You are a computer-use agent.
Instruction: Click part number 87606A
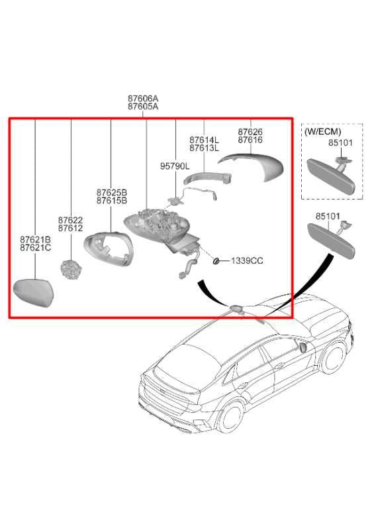coord(143,98)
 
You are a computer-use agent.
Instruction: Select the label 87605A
coord(143,107)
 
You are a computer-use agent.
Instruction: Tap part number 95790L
coord(175,166)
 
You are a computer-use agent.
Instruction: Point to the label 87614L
coord(203,140)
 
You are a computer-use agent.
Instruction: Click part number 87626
coord(250,132)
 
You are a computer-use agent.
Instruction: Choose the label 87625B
coord(111,192)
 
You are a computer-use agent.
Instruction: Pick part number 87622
coord(70,219)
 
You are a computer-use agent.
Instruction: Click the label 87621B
coord(35,239)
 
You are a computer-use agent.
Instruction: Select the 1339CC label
coord(247,261)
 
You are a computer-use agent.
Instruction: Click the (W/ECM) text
coord(322,132)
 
